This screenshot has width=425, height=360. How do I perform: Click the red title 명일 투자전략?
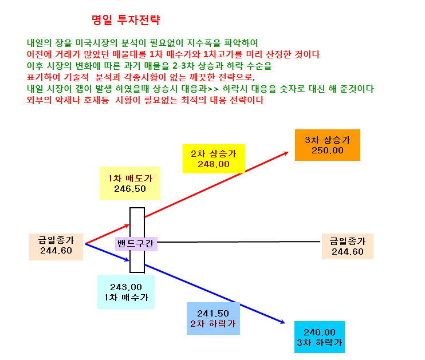tap(126, 20)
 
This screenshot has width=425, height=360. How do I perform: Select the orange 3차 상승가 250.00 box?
tap(328, 145)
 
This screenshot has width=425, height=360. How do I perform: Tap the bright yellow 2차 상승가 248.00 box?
tap(214, 159)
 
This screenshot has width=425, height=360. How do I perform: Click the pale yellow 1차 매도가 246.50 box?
tap(130, 183)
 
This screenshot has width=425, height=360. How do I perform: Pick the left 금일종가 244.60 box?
tap(56, 247)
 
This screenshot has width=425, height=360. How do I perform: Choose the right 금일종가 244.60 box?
tap(348, 246)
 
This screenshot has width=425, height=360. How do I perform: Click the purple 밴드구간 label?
tap(136, 243)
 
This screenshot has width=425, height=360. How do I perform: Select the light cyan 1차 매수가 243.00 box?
tap(126, 292)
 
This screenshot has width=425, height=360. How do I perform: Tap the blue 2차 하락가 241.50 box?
tap(213, 318)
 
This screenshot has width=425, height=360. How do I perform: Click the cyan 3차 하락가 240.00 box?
tap(319, 337)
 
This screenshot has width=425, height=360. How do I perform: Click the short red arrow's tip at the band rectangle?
tap(129, 224)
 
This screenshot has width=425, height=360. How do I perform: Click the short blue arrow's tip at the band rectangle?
tap(129, 261)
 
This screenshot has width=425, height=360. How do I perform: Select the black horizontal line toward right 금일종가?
tap(239, 242)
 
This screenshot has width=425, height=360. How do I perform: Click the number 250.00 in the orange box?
tap(328, 151)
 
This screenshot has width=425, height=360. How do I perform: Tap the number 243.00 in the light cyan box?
tap(126, 287)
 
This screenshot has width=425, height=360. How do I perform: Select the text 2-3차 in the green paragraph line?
tap(183, 66)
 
